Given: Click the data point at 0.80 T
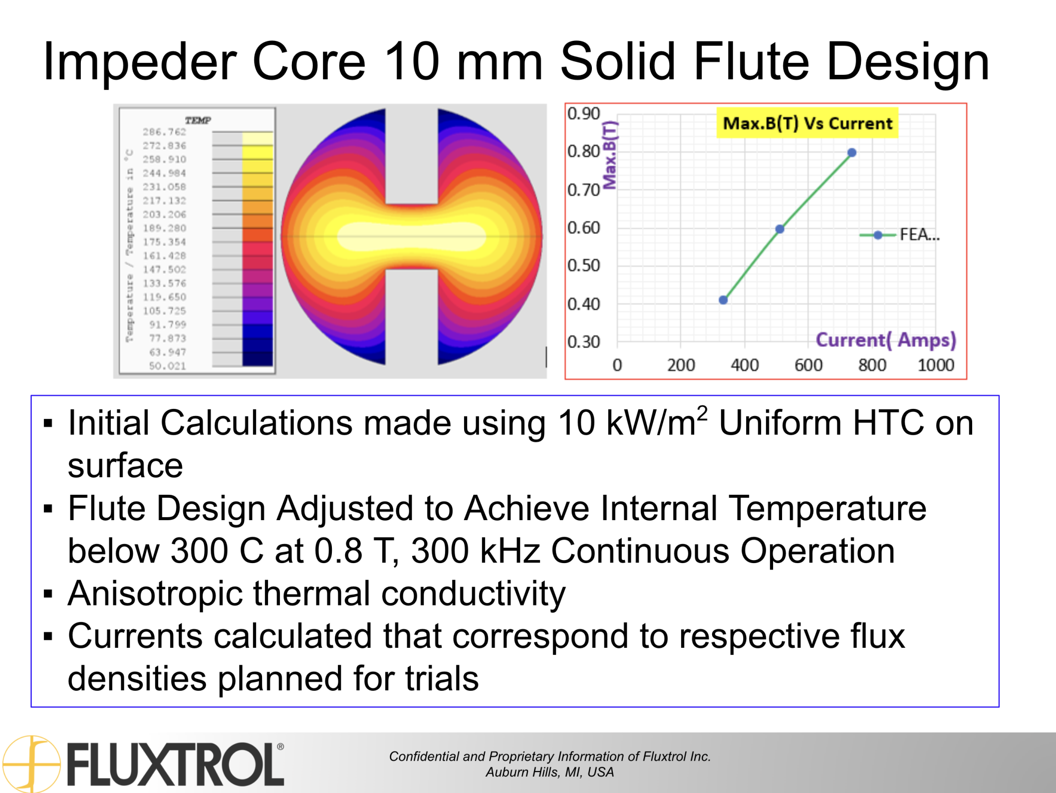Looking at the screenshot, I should click(852, 153).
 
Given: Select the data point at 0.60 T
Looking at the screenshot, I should click(780, 229).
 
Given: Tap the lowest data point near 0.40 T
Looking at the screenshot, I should click(723, 300).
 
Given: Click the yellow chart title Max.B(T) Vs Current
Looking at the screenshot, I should click(807, 123).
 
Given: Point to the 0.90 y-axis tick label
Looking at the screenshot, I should click(583, 114).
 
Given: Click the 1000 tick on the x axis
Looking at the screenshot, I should click(936, 365).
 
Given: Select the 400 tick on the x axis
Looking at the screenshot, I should click(745, 365).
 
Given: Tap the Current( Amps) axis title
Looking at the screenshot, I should click(885, 340).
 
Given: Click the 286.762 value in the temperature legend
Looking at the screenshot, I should click(164, 132).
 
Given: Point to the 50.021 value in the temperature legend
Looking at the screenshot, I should click(167, 366).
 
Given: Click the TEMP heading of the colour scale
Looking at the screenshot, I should click(198, 120).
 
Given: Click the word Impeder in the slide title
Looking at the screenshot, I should click(140, 62).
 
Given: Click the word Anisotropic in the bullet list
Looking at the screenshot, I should click(155, 594).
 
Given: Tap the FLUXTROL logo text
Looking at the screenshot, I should click(175, 764).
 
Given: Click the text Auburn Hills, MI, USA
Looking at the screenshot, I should click(549, 772).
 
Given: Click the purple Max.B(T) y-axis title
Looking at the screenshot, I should click(610, 155).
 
